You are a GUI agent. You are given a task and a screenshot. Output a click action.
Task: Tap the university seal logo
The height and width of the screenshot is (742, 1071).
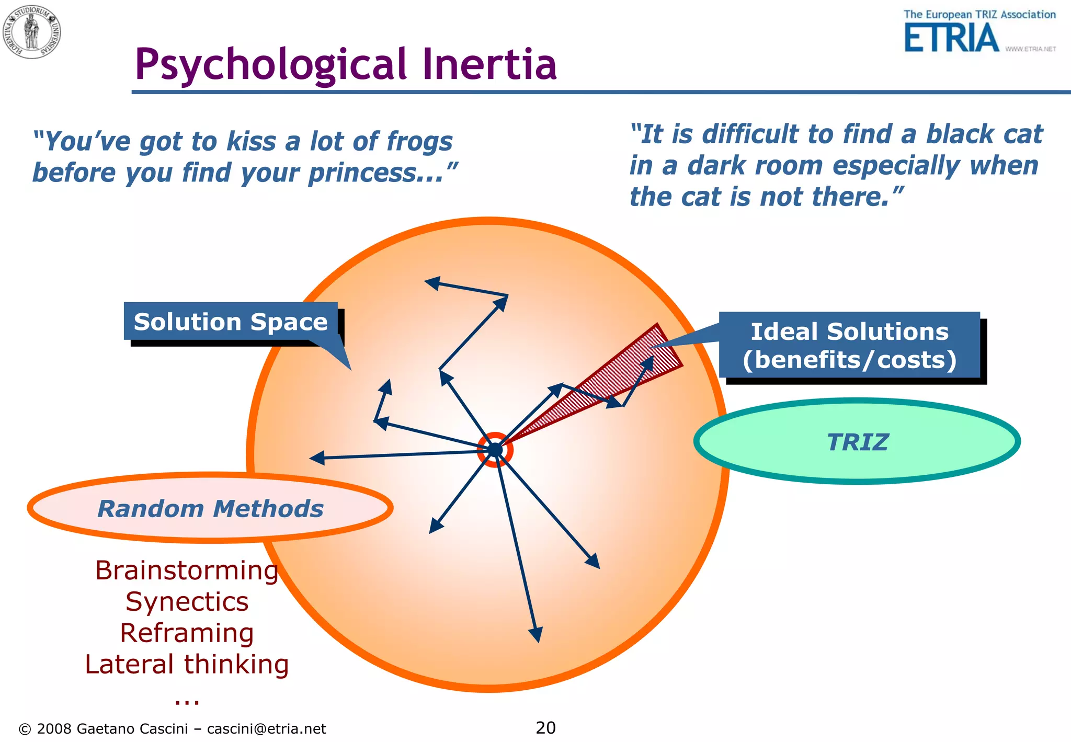[32, 31]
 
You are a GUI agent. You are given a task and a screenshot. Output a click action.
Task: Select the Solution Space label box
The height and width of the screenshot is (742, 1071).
[230, 321]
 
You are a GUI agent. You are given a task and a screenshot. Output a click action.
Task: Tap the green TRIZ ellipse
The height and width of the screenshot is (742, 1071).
[857, 441]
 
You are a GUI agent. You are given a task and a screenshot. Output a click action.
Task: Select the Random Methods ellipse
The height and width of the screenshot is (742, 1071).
[210, 508]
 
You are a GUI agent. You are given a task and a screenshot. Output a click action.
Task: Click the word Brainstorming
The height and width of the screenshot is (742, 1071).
[186, 570]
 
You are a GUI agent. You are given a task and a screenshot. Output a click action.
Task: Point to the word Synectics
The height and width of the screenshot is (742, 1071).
[187, 602]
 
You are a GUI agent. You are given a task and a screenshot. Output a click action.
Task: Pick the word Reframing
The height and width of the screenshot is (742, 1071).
[187, 633]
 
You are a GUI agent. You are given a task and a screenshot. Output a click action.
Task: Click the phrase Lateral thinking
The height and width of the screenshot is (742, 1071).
[187, 664]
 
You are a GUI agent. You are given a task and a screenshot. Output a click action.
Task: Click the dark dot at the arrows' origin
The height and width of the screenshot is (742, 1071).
[495, 450]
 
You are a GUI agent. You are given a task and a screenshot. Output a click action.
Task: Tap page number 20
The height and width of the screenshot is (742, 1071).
[545, 727]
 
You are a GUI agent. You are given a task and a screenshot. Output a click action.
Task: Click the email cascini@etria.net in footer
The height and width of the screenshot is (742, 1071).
[266, 729]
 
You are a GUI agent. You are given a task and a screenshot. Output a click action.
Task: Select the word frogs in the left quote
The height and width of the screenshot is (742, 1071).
[419, 142]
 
